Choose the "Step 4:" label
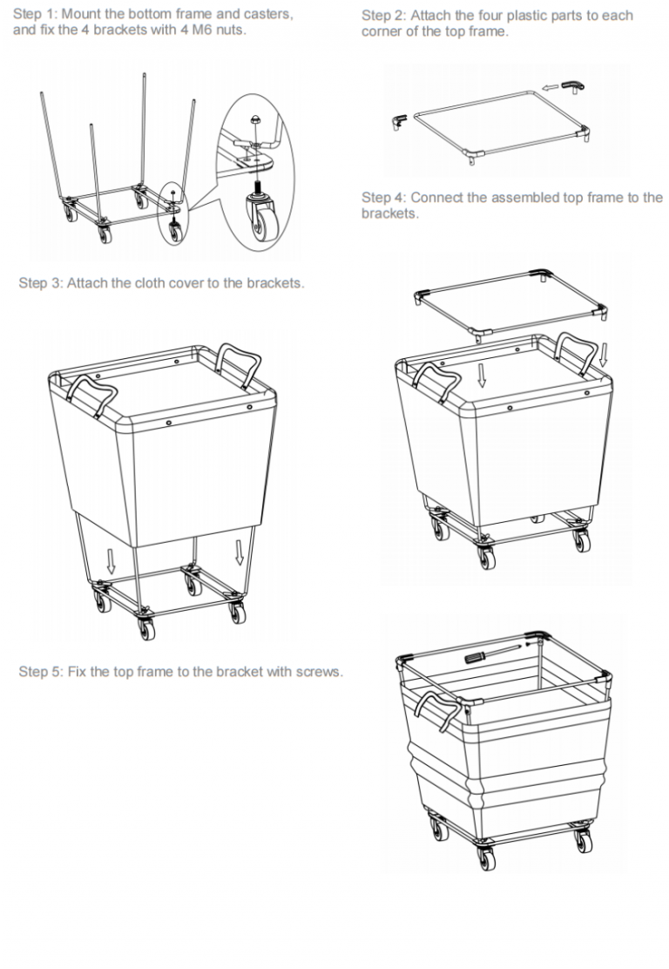[382, 197]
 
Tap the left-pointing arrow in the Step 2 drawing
[548, 87]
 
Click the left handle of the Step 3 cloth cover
[94, 393]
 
